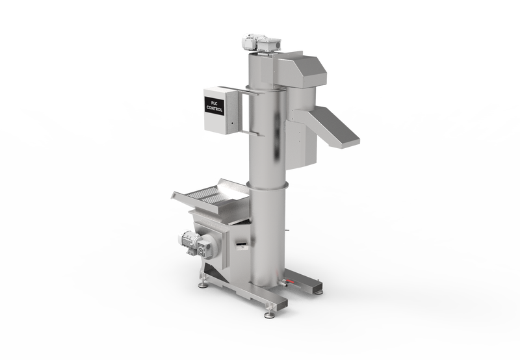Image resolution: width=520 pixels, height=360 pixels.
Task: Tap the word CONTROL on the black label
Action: coord(214,109)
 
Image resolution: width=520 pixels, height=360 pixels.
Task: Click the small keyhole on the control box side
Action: coord(232,123)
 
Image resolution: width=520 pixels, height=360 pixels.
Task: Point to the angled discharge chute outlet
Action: coord(335,127)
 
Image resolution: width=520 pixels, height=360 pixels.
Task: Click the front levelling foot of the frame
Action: coord(269,315)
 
